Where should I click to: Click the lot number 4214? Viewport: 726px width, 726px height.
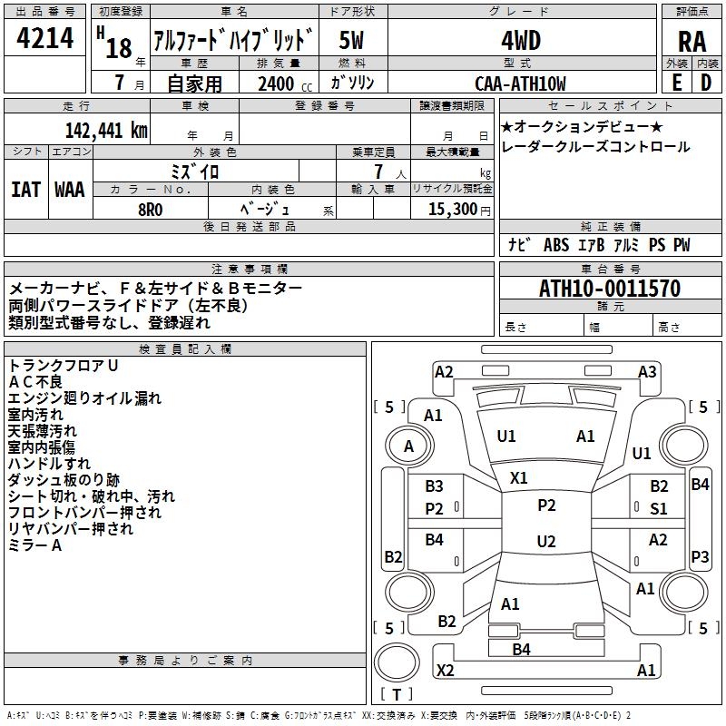pos(45,39)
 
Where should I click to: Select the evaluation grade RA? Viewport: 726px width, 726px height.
pos(692,41)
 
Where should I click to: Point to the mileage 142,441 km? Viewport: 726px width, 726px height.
pos(105,130)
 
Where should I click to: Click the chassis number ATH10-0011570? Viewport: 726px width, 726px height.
pos(609,289)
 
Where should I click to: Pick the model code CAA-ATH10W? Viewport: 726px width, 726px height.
pos(520,83)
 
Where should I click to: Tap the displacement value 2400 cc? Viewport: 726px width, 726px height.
pos(280,83)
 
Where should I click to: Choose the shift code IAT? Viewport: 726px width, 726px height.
pos(25,189)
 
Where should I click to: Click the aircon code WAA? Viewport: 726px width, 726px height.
pos(70,189)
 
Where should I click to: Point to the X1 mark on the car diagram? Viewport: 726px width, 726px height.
pos(519,477)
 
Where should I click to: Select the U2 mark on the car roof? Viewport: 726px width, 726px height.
pos(545,542)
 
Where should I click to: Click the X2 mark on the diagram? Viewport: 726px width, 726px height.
pos(445,670)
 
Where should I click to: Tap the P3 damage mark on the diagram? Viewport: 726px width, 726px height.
pos(700,556)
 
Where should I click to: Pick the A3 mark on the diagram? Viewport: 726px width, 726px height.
pos(647,371)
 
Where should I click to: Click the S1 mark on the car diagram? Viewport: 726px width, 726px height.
pos(658,509)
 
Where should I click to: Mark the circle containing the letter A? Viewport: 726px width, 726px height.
pos(408,446)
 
